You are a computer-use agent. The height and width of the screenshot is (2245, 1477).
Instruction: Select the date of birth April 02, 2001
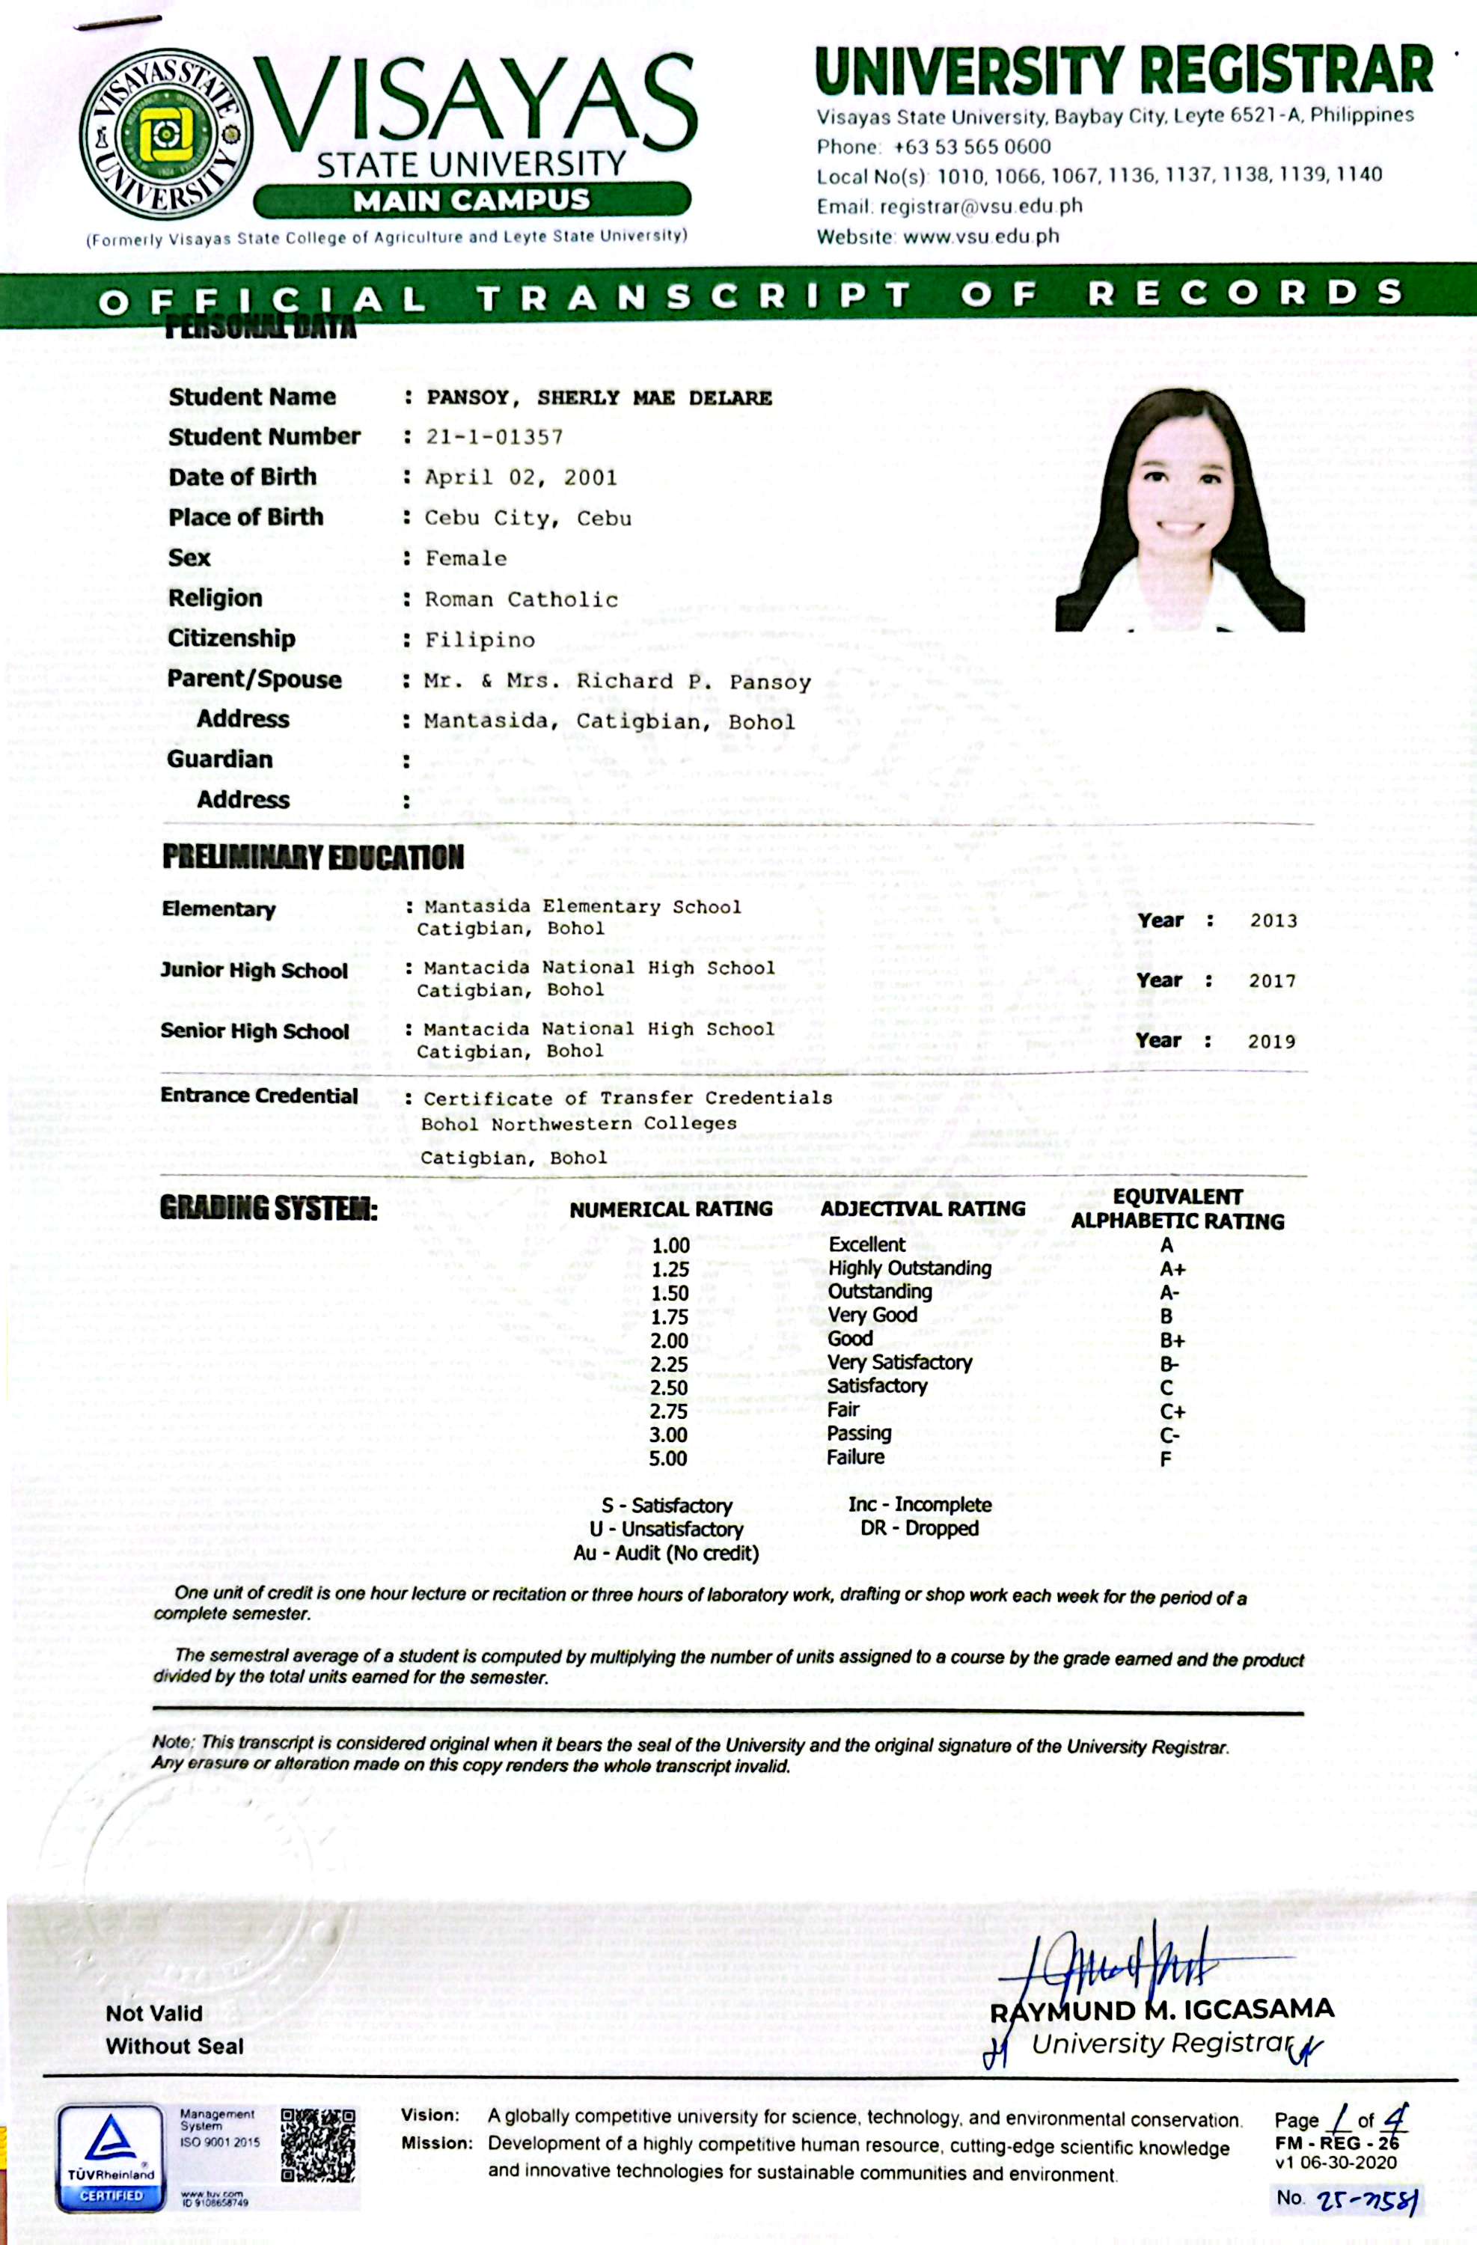click(x=521, y=477)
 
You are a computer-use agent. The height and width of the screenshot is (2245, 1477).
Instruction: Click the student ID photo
click(x=1180, y=510)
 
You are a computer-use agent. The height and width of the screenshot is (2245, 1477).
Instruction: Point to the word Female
click(x=466, y=558)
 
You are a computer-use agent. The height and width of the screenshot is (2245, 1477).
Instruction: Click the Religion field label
click(x=215, y=598)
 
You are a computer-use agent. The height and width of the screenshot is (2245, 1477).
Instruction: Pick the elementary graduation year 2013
click(x=1273, y=920)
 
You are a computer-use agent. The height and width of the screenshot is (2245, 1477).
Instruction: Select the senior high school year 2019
click(x=1271, y=1042)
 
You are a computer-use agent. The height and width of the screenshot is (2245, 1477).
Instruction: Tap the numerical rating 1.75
click(x=670, y=1317)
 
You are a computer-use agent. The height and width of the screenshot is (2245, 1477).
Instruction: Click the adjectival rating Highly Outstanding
click(x=909, y=1268)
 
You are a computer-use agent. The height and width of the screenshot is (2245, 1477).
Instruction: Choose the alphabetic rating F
click(x=1166, y=1459)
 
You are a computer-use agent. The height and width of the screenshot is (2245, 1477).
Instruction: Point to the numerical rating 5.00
click(x=667, y=1459)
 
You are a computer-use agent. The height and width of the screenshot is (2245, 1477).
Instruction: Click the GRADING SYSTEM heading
click(x=268, y=1209)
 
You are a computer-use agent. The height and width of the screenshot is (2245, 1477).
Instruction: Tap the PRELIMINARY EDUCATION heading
click(x=312, y=857)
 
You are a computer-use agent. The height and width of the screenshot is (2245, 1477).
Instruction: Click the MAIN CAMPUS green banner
click(x=471, y=200)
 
